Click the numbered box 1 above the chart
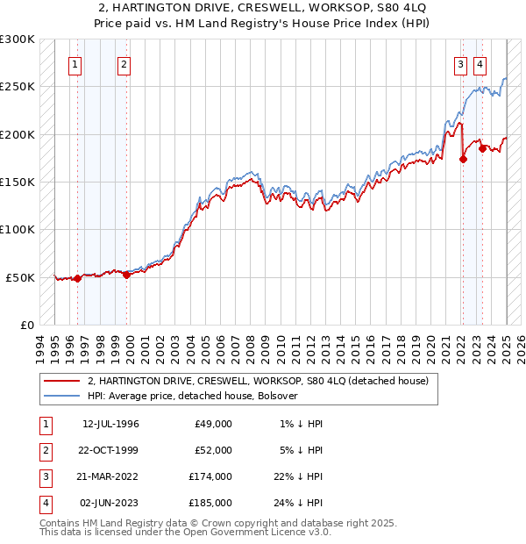75,63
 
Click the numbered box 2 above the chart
124,63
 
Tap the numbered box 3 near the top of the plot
459,63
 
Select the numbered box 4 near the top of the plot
480,63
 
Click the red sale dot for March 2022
463,159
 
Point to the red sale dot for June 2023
482,148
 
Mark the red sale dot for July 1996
77,278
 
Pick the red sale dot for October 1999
126,275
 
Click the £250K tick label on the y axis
18,87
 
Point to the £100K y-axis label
18,229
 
